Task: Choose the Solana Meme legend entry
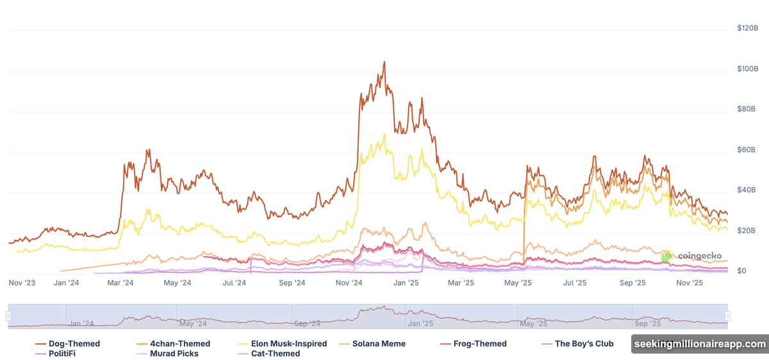(377, 344)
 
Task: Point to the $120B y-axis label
(748, 28)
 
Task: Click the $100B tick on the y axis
(748, 69)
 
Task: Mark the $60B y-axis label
(748, 150)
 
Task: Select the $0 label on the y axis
(741, 271)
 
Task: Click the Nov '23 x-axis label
(22, 282)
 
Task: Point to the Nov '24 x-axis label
(349, 282)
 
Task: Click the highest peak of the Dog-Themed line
(384, 62)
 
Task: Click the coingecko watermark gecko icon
(666, 256)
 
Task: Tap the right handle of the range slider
(728, 316)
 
